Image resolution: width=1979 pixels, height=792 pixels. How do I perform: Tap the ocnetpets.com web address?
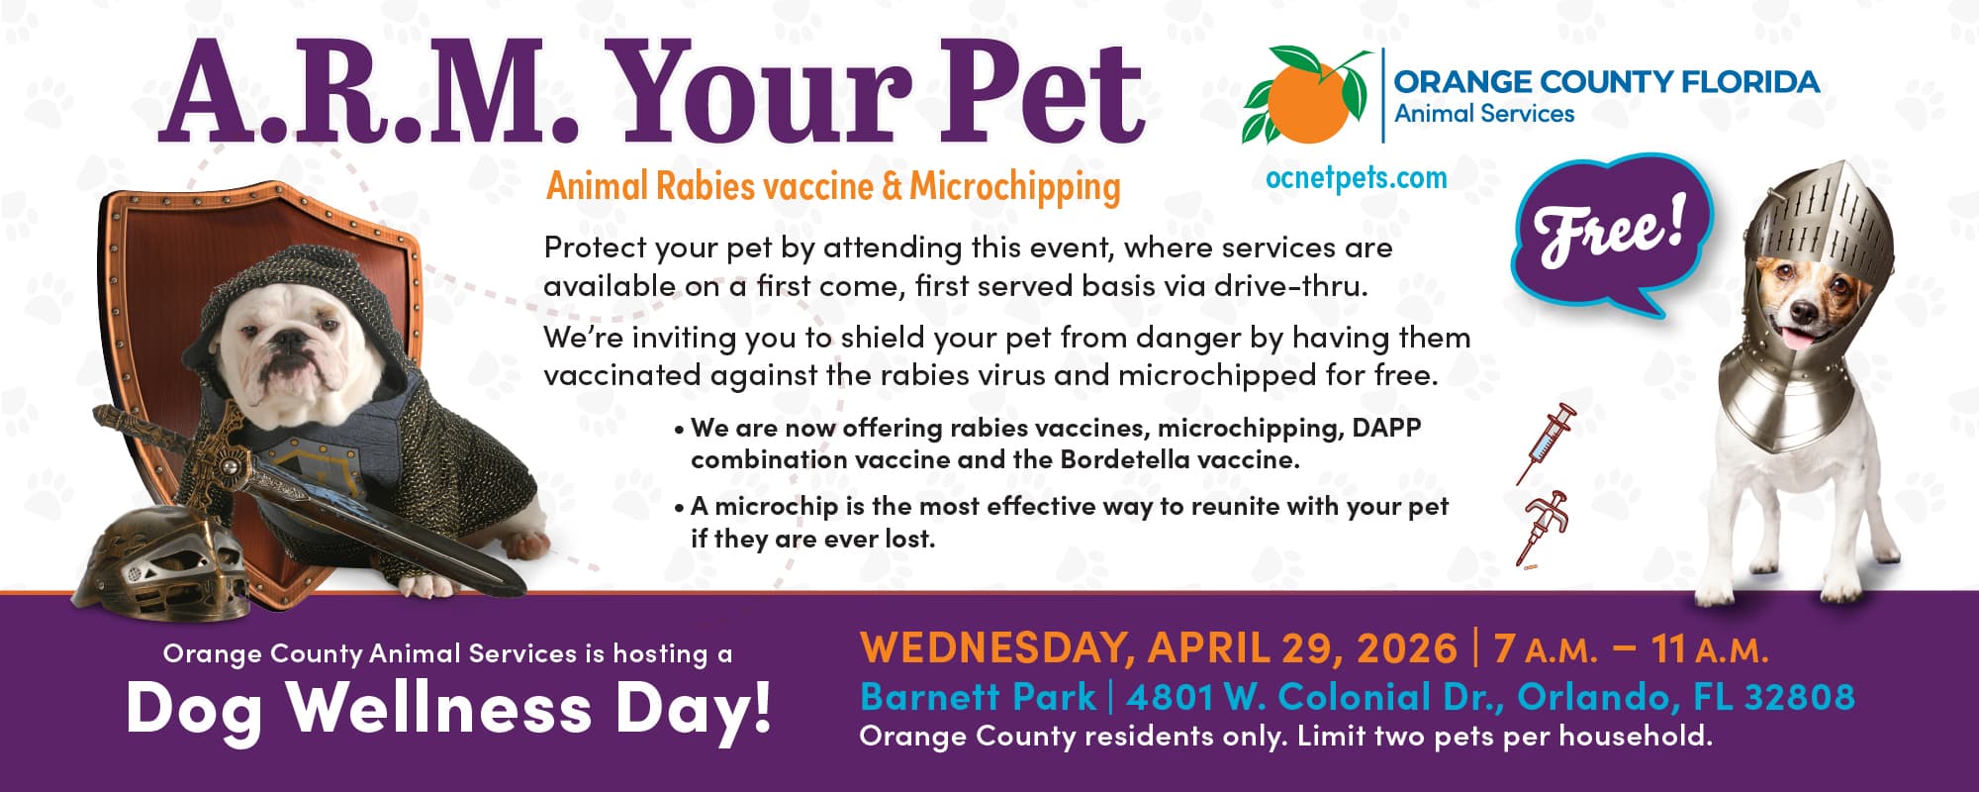pos(1356,178)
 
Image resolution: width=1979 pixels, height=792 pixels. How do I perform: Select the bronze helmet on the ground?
pos(163,554)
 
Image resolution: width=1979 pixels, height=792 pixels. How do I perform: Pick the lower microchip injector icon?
pos(1543,529)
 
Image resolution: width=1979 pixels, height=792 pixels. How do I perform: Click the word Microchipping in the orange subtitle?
pos(1015,187)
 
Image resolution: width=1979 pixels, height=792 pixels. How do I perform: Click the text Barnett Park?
pos(978,697)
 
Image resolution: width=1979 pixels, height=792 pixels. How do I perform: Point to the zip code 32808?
pos(1799,697)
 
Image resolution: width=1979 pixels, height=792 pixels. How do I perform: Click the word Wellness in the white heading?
pos(439,708)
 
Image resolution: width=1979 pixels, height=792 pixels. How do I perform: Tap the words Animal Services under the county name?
pos(1484,114)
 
